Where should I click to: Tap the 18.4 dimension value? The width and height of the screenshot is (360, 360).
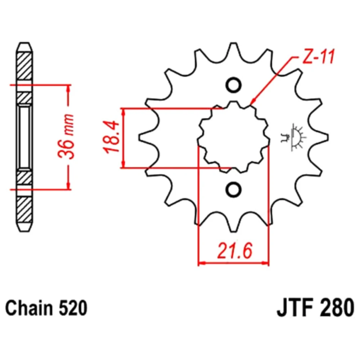point(112,137)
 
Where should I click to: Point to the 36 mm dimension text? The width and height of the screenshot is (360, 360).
point(66,136)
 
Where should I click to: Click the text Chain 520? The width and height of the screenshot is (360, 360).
point(46,308)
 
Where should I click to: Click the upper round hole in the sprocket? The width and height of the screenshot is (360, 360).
point(233,85)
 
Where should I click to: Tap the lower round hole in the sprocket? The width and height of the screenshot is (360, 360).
point(233,189)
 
